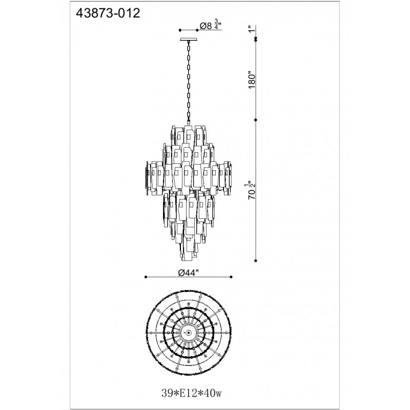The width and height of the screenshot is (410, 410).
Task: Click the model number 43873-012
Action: click(x=108, y=13)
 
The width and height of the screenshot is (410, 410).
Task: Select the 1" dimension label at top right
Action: click(x=252, y=29)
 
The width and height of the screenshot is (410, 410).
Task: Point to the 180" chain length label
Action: click(x=252, y=79)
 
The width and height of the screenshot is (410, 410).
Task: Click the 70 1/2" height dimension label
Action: click(x=251, y=190)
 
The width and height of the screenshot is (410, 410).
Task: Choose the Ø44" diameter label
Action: click(x=189, y=273)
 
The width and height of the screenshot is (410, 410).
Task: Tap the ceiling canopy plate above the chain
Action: click(x=189, y=40)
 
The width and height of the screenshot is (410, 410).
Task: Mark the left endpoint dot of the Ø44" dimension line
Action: click(x=146, y=277)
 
